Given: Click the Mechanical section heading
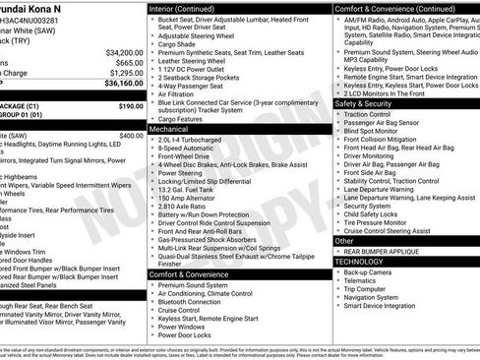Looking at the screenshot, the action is [169, 129].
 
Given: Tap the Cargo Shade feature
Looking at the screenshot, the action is [177, 44].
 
